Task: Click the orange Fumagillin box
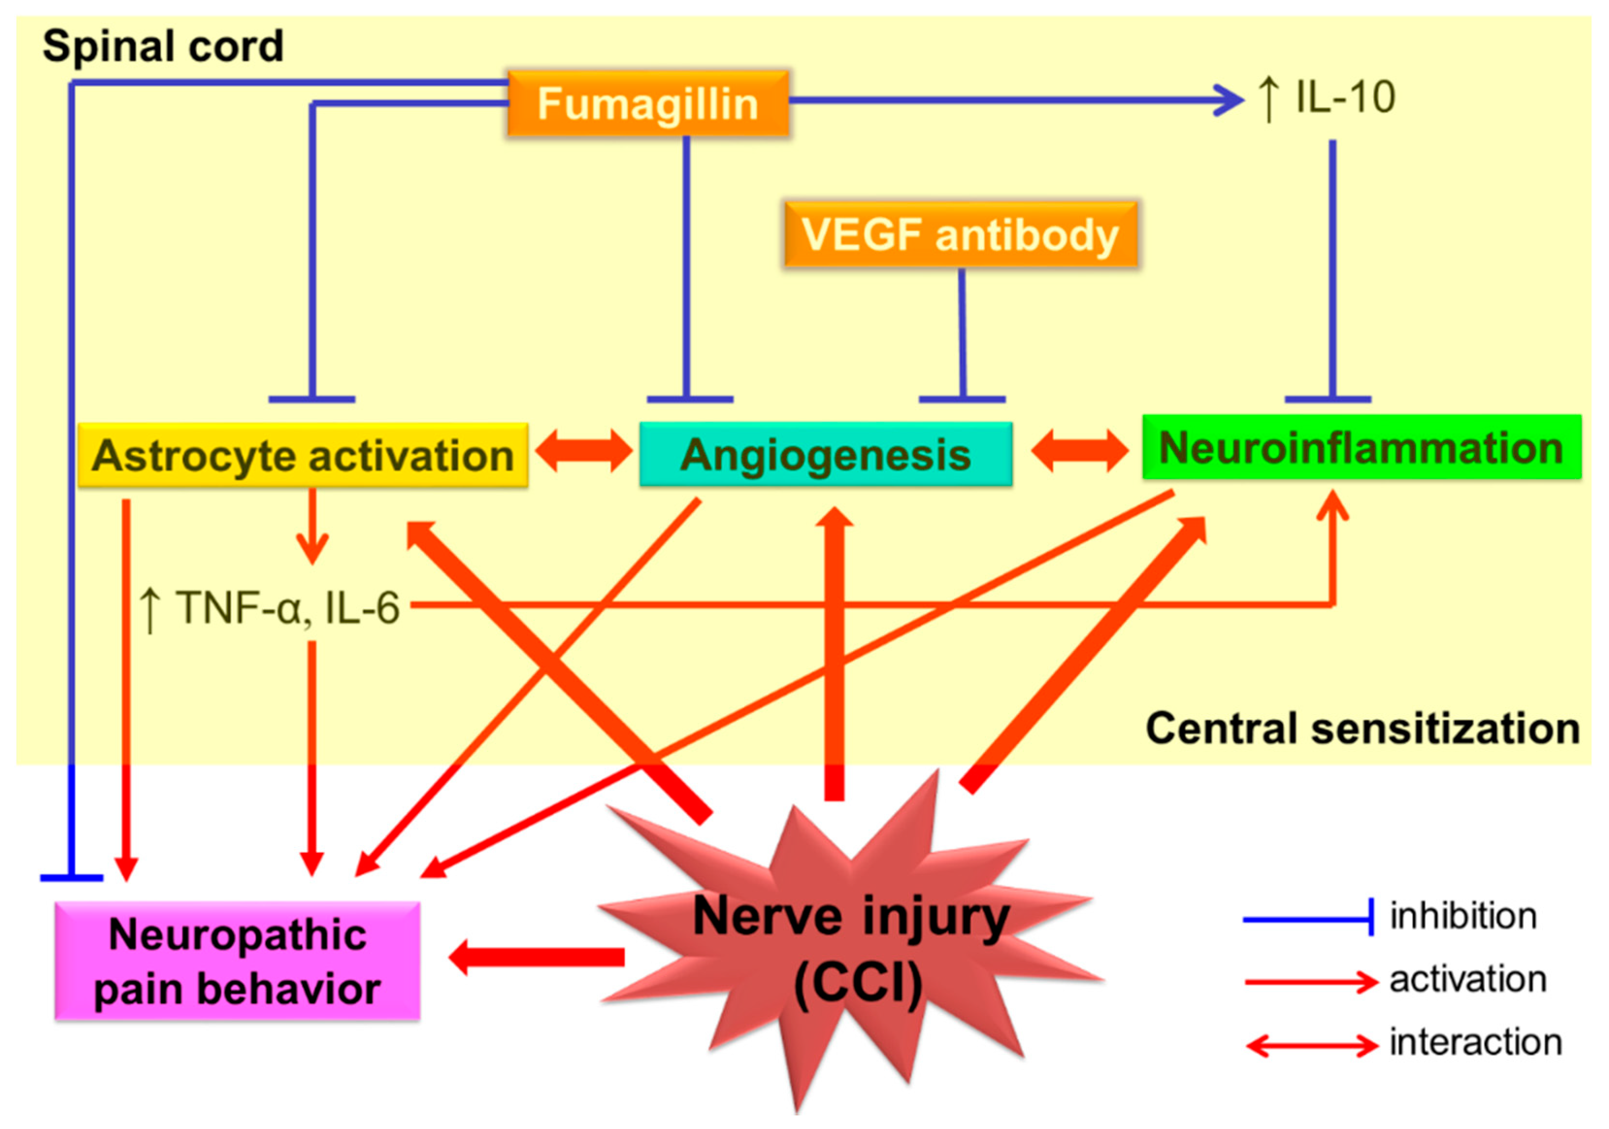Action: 647,104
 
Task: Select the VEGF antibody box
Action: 960,235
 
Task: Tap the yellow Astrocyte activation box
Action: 303,455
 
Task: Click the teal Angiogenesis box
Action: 825,455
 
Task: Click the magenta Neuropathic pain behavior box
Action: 238,961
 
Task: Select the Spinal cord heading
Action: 163,46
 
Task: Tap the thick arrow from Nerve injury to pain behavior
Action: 536,957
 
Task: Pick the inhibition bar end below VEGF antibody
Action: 962,399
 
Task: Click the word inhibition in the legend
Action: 1463,916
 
